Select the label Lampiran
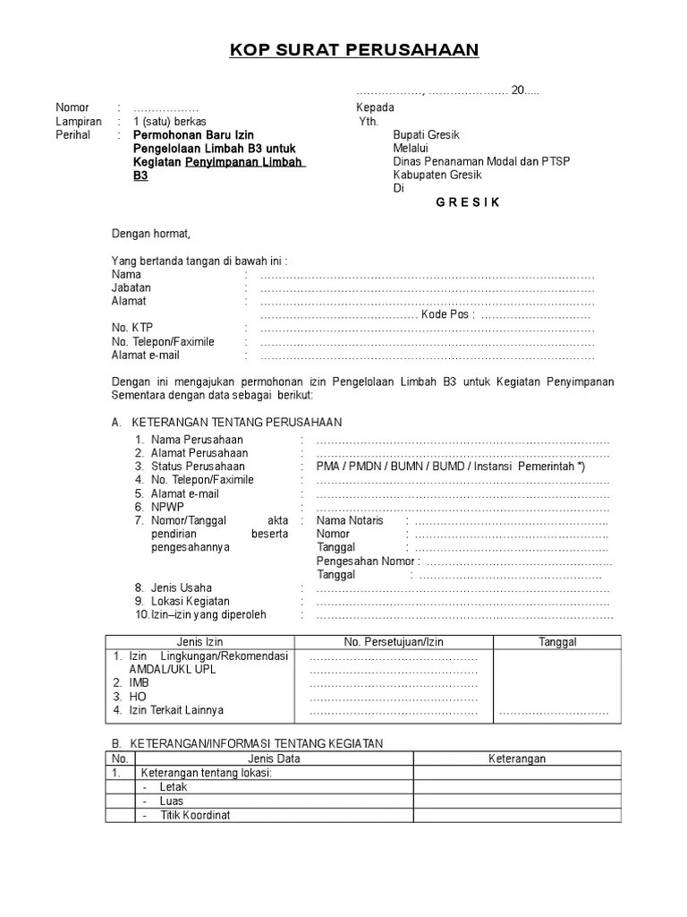pos(79,122)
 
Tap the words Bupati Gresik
pos(426,135)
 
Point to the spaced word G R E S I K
pos(468,202)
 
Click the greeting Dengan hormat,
pos(151,234)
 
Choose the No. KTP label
pos(132,328)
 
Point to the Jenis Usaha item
pos(182,588)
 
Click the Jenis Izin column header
pos(200,642)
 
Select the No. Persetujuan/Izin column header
pos(394,642)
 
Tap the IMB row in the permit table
pos(139,682)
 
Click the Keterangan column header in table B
pos(516,758)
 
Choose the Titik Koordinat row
pos(195,815)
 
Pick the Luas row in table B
pos(171,801)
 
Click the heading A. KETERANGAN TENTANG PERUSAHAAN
pos(226,422)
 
